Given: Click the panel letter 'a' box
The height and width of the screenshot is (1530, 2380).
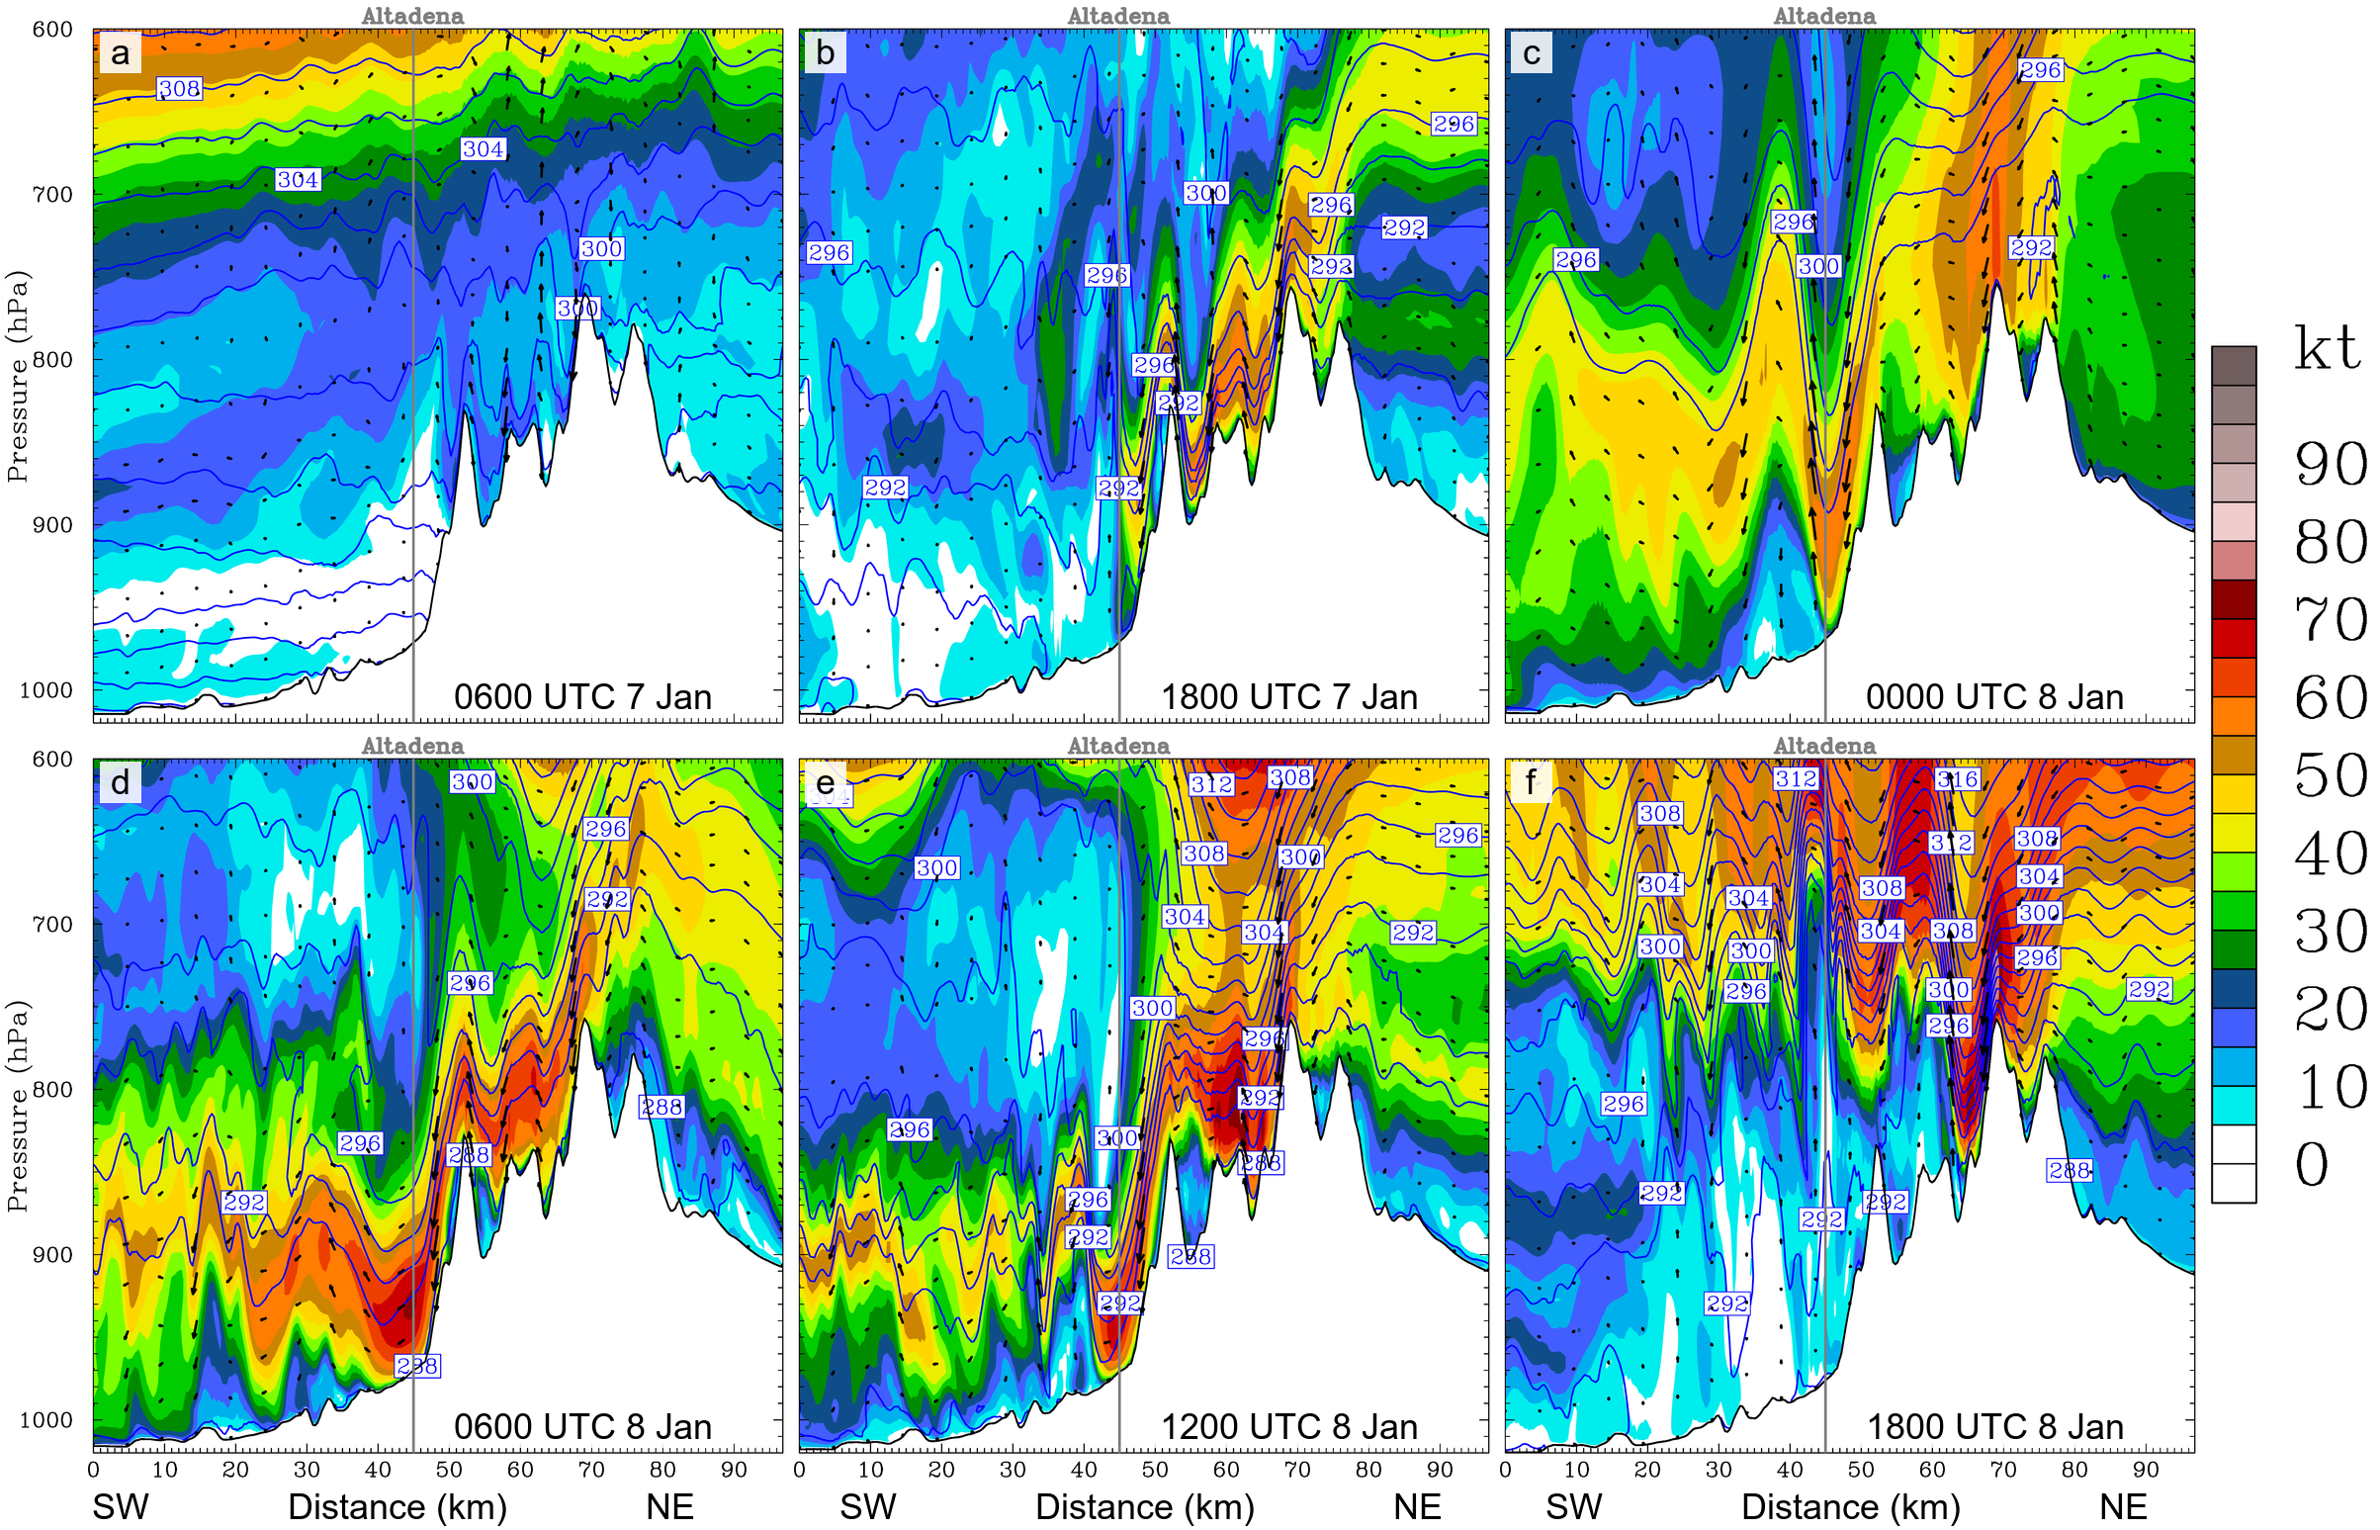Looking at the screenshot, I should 121,52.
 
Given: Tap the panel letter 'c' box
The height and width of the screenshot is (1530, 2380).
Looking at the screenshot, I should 1531,52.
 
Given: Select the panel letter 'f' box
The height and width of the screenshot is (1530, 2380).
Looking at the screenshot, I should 1531,782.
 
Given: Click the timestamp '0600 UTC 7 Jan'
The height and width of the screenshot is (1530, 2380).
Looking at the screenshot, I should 582,696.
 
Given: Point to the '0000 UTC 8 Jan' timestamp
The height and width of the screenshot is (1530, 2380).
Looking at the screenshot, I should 1993,696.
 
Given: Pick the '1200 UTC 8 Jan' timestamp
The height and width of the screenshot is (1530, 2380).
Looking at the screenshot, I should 1288,1427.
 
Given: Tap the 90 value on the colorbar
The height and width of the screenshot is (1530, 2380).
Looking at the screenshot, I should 2331,464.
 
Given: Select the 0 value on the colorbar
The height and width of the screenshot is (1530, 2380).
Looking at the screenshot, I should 2311,1163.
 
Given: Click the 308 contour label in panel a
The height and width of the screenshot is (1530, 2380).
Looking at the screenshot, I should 180,88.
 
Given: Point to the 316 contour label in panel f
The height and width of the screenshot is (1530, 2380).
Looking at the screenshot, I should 1957,779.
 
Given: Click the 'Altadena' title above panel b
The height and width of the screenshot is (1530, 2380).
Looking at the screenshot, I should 1118,16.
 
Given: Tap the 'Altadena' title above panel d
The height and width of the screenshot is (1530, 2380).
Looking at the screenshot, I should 412,745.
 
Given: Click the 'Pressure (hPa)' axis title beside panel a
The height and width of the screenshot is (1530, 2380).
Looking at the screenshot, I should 17,377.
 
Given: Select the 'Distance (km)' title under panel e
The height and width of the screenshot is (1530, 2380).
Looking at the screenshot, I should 1144,1507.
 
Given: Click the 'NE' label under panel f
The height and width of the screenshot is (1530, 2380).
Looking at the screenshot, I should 2123,1507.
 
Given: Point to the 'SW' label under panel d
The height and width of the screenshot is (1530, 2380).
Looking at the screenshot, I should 121,1507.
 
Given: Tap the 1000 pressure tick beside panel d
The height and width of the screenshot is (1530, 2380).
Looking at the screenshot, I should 45,1419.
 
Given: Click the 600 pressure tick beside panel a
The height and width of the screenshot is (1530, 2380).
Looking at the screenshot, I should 51,30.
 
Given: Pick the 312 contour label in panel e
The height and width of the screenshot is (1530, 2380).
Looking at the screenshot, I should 1211,784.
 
